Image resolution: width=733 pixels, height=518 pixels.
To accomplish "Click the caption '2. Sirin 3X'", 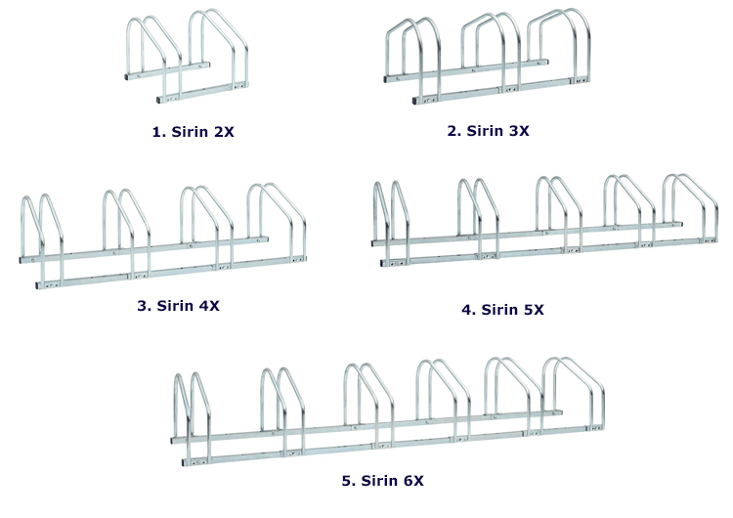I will [x=488, y=130].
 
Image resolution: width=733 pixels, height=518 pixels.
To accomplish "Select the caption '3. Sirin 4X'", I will [x=178, y=305].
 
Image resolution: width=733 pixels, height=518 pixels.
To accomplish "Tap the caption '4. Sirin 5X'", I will [x=502, y=310].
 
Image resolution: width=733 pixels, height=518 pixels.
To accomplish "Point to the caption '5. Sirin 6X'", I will [x=382, y=481].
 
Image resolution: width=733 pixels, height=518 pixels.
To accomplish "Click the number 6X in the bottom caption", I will [x=412, y=481].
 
